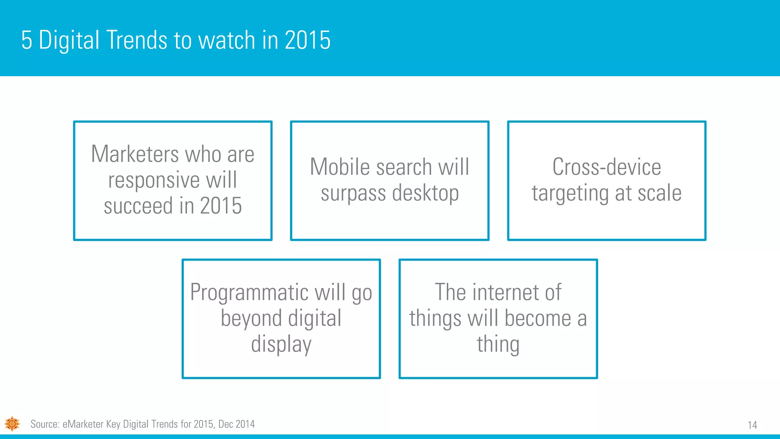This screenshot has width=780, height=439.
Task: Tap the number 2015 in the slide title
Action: click(x=307, y=40)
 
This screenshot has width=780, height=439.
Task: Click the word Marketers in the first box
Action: click(x=135, y=154)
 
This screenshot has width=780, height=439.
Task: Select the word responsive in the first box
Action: click(x=153, y=180)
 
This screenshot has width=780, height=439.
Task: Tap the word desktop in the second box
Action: click(x=425, y=193)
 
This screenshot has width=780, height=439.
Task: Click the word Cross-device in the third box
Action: click(x=606, y=167)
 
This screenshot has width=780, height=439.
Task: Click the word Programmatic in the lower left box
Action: click(x=249, y=293)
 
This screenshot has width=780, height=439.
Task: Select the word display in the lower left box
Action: click(x=281, y=344)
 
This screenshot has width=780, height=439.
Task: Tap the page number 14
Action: click(x=752, y=425)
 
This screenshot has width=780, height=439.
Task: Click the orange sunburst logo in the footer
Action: click(x=12, y=424)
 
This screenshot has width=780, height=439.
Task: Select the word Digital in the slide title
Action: click(x=69, y=40)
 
